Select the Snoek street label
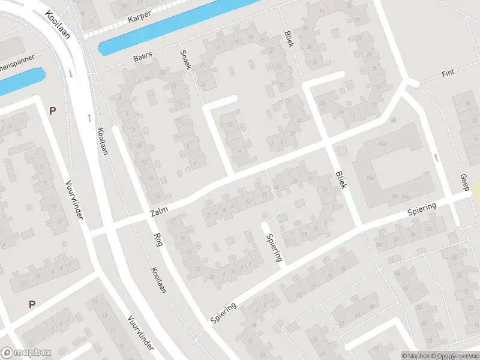coord(185,59)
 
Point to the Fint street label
coord(448,74)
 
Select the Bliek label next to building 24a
coord(341,179)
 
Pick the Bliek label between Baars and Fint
coord(289,40)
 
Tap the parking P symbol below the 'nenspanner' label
coord(52,110)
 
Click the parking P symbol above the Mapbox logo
coord(32,304)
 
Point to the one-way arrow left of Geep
coord(436,157)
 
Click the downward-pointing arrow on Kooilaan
coord(71,74)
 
